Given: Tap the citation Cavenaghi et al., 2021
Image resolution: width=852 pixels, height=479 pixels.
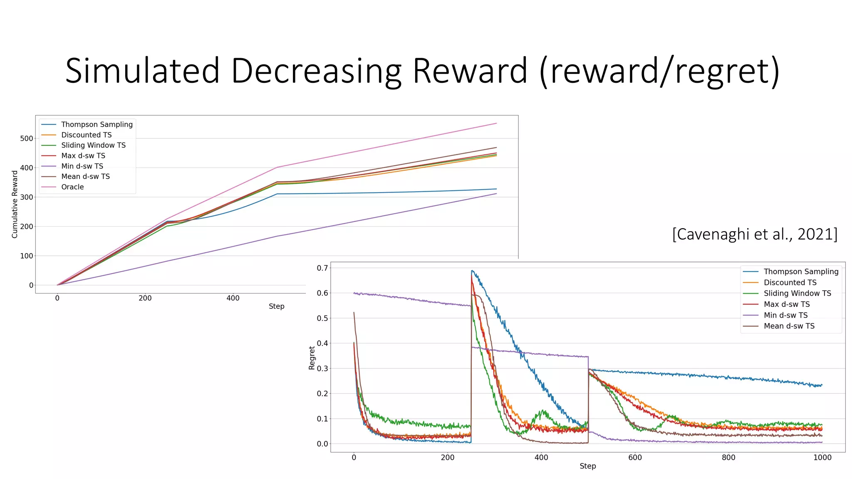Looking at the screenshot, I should pos(755,234).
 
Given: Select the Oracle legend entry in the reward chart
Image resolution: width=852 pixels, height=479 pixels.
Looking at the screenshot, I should pos(72,187).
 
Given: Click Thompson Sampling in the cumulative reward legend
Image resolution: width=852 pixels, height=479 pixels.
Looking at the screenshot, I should pos(97,124).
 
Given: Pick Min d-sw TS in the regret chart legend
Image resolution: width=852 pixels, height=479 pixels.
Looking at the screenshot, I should pos(785,315).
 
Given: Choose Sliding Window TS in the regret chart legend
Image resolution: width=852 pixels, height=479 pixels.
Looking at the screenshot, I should pos(797,293).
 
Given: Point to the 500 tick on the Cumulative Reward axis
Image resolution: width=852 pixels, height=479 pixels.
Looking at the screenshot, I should pos(27,138).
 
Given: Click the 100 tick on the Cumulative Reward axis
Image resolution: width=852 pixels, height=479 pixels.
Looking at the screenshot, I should pos(27,256).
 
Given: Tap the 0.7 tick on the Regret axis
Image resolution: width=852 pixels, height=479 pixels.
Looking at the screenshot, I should pos(322,268).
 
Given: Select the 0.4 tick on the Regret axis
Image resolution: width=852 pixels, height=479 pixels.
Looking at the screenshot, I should pos(322,343).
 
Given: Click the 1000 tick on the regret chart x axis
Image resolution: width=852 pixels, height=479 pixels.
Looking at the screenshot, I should pos(822,457).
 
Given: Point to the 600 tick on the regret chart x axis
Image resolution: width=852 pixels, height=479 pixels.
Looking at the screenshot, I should pos(635,457).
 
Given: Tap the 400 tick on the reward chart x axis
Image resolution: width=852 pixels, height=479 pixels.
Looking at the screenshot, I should pos(233,298).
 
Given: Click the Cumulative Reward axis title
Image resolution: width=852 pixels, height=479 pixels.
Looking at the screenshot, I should pos(15,204).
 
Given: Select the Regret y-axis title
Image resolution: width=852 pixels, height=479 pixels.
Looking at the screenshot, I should pos(312,358).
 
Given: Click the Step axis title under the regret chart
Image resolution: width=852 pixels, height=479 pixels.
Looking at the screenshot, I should pos(587,466).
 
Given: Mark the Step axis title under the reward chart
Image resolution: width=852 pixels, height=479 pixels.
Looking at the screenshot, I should pos(276,306).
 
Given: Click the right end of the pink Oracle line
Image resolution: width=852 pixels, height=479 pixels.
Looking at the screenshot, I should pos(496,123).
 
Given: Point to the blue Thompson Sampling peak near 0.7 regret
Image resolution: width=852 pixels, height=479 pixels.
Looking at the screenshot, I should pos(472,271).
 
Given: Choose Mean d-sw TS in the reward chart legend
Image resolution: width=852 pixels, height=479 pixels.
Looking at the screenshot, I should pos(85,176).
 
